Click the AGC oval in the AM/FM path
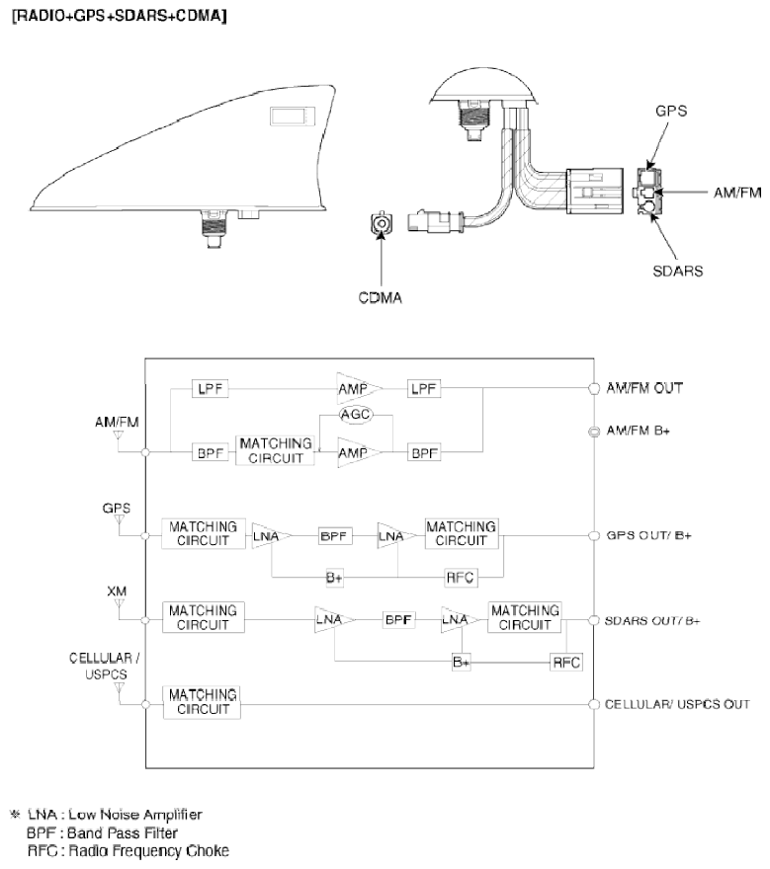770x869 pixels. tap(356, 415)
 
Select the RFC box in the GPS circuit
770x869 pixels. tap(461, 578)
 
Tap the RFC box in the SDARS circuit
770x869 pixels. tap(566, 663)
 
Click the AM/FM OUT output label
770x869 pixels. tap(644, 388)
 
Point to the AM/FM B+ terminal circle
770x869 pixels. tap(594, 431)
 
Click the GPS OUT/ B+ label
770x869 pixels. tap(648, 535)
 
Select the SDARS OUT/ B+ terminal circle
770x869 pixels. tap(594, 620)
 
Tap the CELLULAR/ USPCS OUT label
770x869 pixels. tap(677, 704)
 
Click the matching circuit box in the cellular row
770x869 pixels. tap(202, 702)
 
